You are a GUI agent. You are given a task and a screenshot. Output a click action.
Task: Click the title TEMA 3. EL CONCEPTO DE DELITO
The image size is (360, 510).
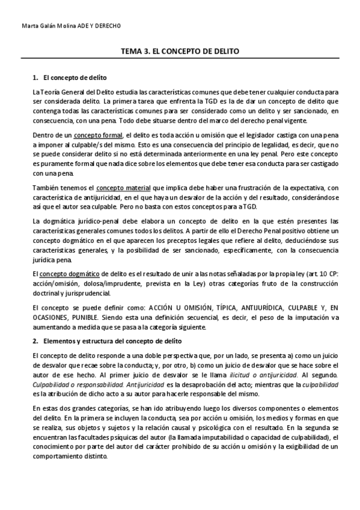coord(180,52)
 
